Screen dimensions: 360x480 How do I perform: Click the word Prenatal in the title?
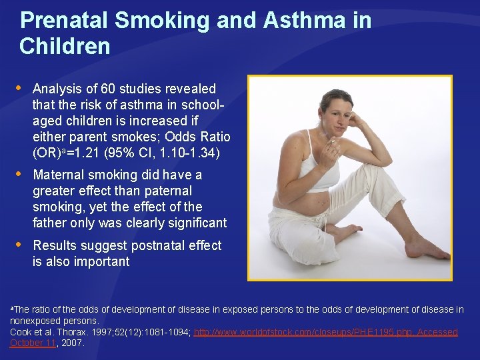[x=63, y=21]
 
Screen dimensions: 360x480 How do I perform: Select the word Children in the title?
[x=65, y=47]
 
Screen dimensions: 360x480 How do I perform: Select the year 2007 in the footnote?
[x=72, y=343]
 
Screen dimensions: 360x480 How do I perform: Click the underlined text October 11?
[x=33, y=343]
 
